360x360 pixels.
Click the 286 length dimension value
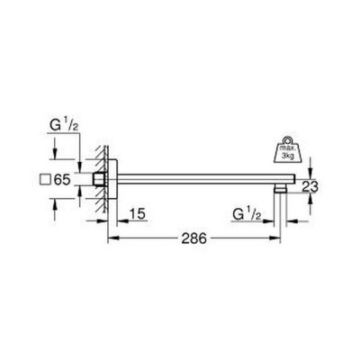click(194, 238)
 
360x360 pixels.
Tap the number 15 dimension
click(138, 214)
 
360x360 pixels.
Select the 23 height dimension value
click(310, 186)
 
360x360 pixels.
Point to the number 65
click(62, 180)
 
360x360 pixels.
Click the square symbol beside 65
click(45, 180)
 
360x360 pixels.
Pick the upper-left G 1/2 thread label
click(64, 126)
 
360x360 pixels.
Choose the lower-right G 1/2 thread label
click(247, 215)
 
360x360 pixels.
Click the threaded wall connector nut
click(98, 179)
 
